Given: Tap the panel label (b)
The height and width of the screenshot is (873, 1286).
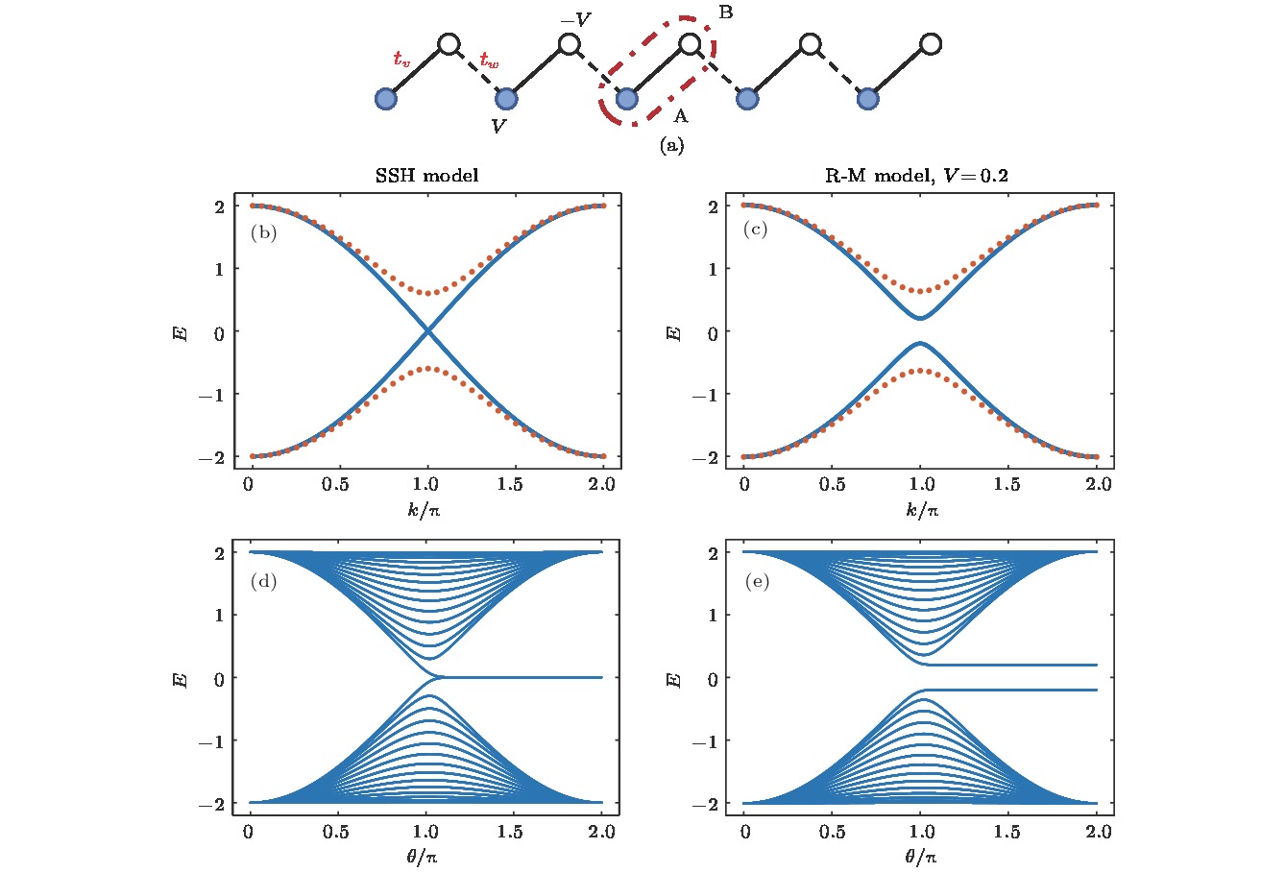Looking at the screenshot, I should [x=263, y=232].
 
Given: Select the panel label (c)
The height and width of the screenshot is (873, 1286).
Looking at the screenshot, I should [x=756, y=230].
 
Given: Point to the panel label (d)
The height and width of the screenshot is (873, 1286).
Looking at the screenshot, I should [x=263, y=580].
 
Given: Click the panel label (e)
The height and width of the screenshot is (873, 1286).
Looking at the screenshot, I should [x=756, y=580].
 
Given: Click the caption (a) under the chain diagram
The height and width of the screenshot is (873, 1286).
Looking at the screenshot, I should [x=671, y=146].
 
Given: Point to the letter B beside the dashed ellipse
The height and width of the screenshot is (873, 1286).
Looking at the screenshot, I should [x=726, y=12].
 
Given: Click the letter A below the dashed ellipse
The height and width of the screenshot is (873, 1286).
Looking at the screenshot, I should [x=680, y=116].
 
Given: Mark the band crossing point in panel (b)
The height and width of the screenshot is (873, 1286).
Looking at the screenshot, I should [x=427, y=331].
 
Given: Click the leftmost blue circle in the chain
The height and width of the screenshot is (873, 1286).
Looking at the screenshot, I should [x=385, y=98].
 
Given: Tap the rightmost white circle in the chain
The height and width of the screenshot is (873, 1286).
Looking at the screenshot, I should [x=930, y=44].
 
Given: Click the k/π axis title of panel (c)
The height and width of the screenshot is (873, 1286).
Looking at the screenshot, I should [x=921, y=509].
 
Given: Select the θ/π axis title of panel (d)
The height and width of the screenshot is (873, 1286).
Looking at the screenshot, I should [x=427, y=855].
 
